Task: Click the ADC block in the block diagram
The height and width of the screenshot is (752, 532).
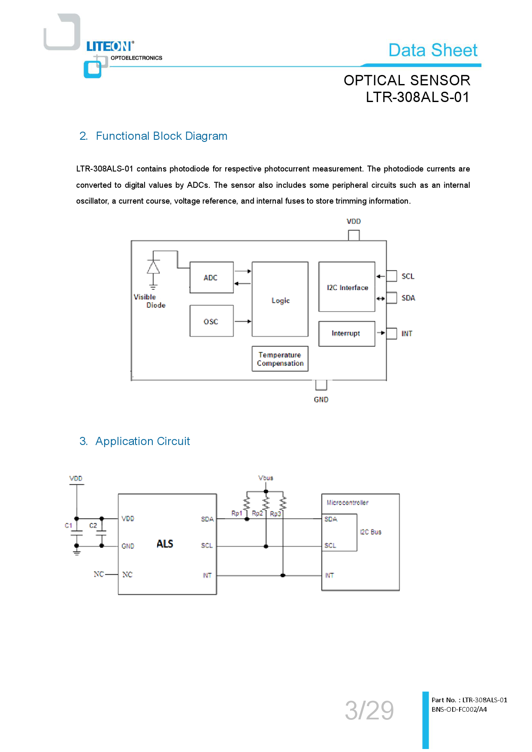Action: (212, 277)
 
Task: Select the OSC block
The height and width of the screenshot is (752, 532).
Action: (212, 321)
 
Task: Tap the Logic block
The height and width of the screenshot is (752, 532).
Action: (280, 300)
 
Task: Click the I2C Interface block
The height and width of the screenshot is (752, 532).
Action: (347, 287)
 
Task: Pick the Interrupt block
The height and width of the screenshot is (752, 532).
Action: (347, 334)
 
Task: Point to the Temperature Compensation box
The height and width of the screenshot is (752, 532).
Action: (280, 359)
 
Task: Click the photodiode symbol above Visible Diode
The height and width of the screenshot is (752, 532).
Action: (153, 268)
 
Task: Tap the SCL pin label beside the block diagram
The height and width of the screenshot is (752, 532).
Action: (408, 277)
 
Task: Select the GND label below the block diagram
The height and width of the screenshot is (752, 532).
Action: (321, 400)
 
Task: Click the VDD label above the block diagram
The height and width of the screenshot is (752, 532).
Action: (354, 221)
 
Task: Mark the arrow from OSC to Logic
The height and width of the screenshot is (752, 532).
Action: (243, 321)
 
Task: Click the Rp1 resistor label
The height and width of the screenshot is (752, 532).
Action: (237, 513)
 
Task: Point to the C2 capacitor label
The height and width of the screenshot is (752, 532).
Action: (93, 526)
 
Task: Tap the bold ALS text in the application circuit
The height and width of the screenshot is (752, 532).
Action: (165, 544)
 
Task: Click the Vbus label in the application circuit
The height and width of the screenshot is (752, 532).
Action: (266, 478)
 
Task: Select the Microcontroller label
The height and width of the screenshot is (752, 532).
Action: (348, 502)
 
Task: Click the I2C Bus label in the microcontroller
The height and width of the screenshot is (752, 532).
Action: (371, 532)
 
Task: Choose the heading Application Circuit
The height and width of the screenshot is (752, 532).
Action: (142, 441)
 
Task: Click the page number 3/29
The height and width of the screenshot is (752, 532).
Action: (369, 710)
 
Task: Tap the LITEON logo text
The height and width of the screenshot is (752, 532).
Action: (110, 46)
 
